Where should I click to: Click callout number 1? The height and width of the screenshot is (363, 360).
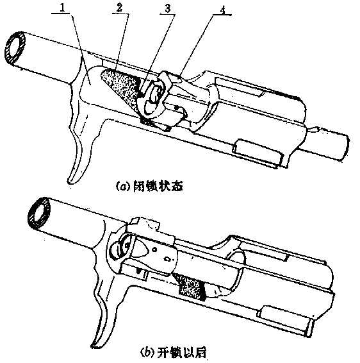[61, 8]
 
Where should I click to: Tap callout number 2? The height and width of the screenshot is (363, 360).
[119, 8]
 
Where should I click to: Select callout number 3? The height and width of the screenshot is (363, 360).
[168, 9]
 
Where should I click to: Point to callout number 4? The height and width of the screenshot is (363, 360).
[222, 10]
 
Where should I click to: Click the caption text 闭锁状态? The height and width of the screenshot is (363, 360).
[158, 187]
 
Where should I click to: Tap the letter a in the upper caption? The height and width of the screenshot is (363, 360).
[123, 187]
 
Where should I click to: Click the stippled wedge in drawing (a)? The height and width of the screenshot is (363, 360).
[120, 87]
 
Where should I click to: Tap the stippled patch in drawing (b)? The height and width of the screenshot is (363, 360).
[192, 287]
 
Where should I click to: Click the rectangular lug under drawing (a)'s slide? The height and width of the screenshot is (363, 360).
[257, 153]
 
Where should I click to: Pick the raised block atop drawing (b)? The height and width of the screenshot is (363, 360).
[144, 224]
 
